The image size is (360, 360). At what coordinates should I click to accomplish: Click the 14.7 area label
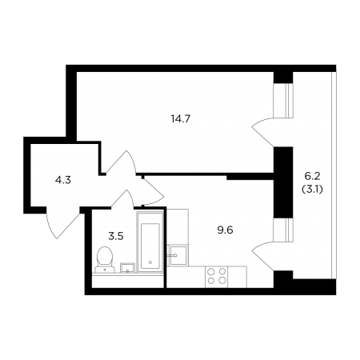180,118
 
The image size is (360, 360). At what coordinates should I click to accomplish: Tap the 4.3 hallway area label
63,181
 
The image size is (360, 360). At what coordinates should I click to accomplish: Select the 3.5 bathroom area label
116,236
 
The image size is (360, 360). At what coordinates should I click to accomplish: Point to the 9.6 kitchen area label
225,230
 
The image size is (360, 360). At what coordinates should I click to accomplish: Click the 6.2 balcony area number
312,176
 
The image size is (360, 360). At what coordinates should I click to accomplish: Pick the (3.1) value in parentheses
312,190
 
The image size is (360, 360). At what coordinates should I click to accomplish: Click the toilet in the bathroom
105,259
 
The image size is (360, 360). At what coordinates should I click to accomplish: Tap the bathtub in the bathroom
150,242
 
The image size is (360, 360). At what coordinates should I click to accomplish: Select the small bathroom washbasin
127,268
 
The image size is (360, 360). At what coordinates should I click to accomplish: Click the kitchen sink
178,255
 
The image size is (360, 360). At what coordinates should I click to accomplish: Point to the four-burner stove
217,277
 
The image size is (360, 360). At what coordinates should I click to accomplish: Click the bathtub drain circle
150,262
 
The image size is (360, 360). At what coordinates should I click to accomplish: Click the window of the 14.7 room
284,100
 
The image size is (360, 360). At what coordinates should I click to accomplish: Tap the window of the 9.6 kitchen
284,230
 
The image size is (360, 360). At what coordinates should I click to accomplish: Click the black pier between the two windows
284,182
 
